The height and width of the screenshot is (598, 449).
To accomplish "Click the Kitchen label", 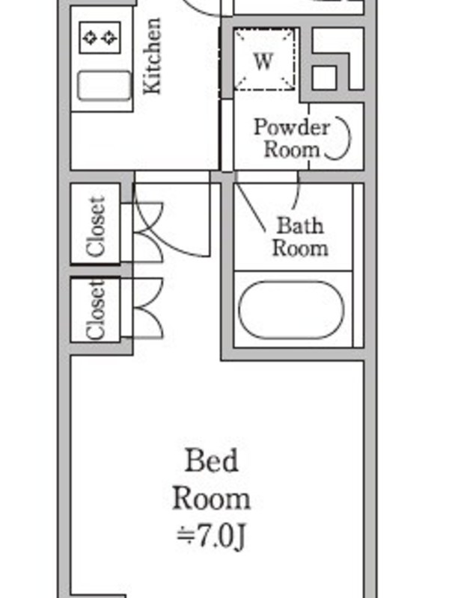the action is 152,55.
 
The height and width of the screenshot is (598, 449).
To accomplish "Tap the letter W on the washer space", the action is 263,61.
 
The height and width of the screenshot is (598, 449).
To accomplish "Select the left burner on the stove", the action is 91,37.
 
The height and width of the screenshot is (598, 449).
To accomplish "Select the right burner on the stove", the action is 110,37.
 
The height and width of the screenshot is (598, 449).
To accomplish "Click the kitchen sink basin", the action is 104,86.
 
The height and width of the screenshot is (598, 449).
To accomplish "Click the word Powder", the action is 291,127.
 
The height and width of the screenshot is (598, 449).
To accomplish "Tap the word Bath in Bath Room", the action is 300,226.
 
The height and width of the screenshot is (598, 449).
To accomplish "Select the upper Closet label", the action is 96,226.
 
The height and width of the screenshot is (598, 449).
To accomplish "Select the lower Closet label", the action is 96,309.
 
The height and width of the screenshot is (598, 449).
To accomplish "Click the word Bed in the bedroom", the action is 211,460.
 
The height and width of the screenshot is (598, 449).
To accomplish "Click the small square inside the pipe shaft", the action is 324,78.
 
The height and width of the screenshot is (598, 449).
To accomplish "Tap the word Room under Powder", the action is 292,149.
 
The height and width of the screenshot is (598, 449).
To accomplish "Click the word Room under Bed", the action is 211,499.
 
